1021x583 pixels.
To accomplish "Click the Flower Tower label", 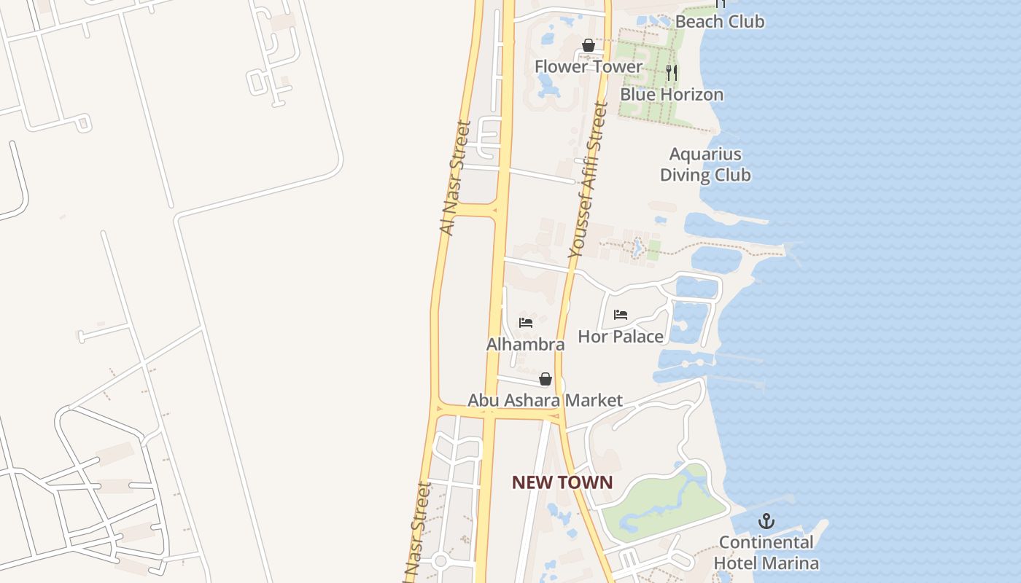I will click(x=589, y=66).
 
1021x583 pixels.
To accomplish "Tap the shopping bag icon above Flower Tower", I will click(x=589, y=46).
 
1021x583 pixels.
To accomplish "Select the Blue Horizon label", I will click(x=672, y=94).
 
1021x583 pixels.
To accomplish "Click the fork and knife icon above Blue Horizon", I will click(x=672, y=73).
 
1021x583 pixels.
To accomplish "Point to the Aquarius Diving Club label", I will click(x=705, y=165).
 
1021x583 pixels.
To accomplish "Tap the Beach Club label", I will click(x=719, y=21).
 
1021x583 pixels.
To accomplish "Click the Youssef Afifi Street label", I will click(x=588, y=179).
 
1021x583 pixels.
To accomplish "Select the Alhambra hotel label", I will click(x=525, y=344).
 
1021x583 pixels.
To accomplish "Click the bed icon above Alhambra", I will click(x=526, y=322).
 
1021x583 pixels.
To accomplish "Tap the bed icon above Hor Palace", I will click(x=621, y=315).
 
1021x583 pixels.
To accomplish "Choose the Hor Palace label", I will click(x=621, y=336).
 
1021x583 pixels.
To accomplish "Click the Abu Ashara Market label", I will click(x=545, y=400).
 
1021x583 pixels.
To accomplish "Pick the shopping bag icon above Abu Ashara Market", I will click(x=545, y=379).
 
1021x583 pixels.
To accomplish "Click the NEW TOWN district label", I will click(x=562, y=482).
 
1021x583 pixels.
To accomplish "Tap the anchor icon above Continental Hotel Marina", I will click(x=766, y=521).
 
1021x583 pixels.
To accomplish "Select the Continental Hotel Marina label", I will click(x=766, y=552).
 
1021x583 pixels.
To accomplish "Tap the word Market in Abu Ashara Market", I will click(x=594, y=400).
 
